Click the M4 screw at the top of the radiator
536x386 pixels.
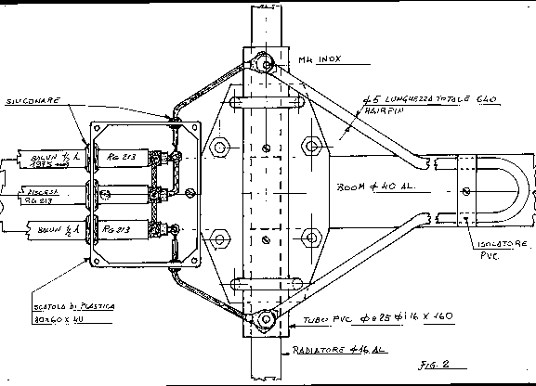point(265,65)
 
